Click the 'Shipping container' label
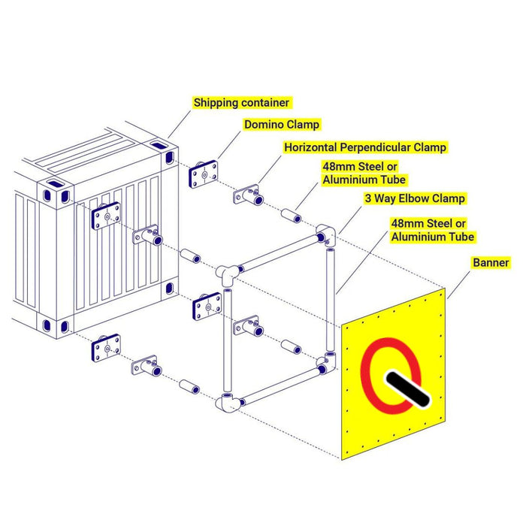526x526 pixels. click(241, 103)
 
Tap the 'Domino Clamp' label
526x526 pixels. click(282, 125)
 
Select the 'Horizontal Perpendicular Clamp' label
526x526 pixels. click(365, 147)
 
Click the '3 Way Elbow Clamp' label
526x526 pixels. click(415, 198)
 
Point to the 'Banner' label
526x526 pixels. click(491, 262)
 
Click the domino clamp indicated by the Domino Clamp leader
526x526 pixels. click(204, 174)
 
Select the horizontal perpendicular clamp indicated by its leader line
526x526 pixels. click(248, 195)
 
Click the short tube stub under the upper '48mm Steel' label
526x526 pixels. click(292, 216)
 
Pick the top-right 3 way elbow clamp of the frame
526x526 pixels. click(325, 235)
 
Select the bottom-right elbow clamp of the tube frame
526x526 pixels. click(325, 363)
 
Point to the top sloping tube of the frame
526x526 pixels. click(279, 254)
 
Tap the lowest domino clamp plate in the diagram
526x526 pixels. click(106, 348)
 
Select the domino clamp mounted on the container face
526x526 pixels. click(106, 216)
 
